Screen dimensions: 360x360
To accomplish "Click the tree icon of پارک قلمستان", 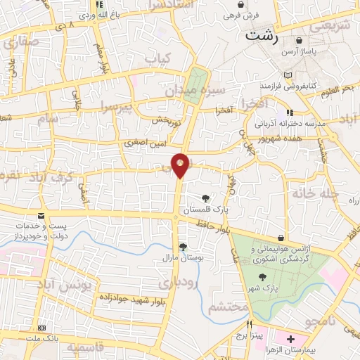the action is pyautogui.click(x=205, y=198).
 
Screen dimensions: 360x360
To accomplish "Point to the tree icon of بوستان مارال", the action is pyautogui.click(x=183, y=246).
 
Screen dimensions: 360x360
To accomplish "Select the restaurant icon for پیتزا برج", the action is pyautogui.click(x=249, y=326).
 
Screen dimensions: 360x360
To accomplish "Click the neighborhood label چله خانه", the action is pyautogui.click(x=316, y=193).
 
